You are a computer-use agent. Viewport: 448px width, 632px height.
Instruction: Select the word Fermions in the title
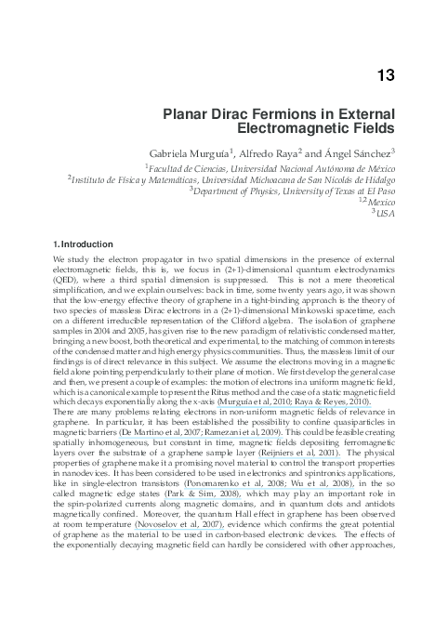[x=271, y=117]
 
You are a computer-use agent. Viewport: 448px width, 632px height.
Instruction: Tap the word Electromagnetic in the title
[x=316, y=132]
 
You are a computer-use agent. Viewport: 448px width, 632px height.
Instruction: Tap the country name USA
[x=384, y=213]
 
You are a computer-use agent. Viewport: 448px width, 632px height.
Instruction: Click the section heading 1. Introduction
[x=83, y=244]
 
